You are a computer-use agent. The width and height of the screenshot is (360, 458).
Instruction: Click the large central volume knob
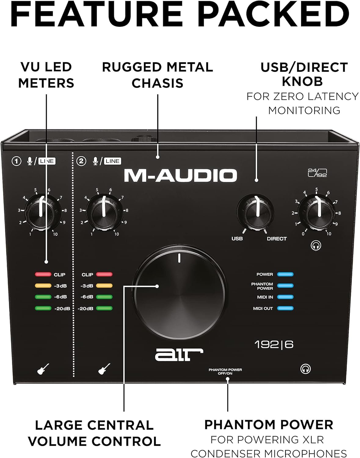[180, 292]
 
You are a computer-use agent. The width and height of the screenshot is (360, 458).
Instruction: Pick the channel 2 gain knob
[104, 213]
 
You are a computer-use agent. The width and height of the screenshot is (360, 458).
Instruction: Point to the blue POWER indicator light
[285, 274]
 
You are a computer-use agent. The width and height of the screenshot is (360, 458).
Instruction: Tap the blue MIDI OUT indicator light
[285, 308]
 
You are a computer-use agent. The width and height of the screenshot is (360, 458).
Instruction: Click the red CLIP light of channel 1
[43, 274]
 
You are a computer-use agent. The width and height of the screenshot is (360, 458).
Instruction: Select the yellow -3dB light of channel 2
[104, 285]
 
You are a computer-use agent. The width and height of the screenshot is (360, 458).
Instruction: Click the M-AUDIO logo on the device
[180, 175]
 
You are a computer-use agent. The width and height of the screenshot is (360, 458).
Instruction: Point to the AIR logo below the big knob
[179, 354]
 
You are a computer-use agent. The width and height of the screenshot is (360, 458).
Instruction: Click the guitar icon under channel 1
[43, 369]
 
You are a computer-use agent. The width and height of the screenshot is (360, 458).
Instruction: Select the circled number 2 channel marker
[81, 161]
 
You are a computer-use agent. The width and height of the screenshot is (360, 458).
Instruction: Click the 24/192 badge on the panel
[318, 173]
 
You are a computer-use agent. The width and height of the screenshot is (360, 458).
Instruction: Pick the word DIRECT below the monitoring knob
[277, 238]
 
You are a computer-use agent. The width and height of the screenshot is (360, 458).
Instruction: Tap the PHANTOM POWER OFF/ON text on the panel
[225, 372]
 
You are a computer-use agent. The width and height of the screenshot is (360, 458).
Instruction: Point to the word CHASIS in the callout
[158, 83]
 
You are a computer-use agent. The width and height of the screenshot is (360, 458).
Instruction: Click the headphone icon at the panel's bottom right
[305, 369]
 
